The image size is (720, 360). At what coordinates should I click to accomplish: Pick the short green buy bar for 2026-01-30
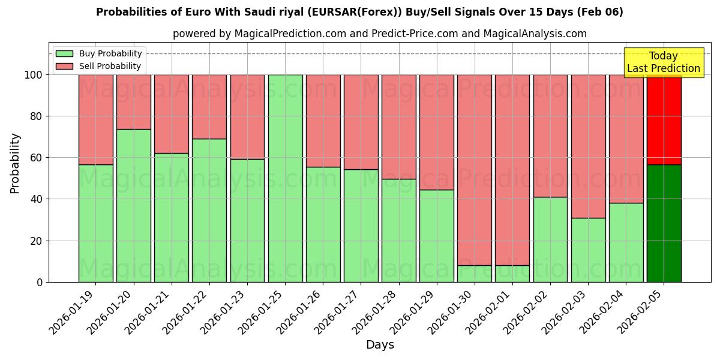click(475, 274)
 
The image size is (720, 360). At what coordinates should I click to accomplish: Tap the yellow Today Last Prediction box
click(664, 62)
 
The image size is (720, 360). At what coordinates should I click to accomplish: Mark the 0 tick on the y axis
click(39, 282)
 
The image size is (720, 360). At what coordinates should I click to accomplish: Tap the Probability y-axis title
click(16, 163)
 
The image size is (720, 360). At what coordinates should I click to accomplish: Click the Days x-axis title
click(380, 345)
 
